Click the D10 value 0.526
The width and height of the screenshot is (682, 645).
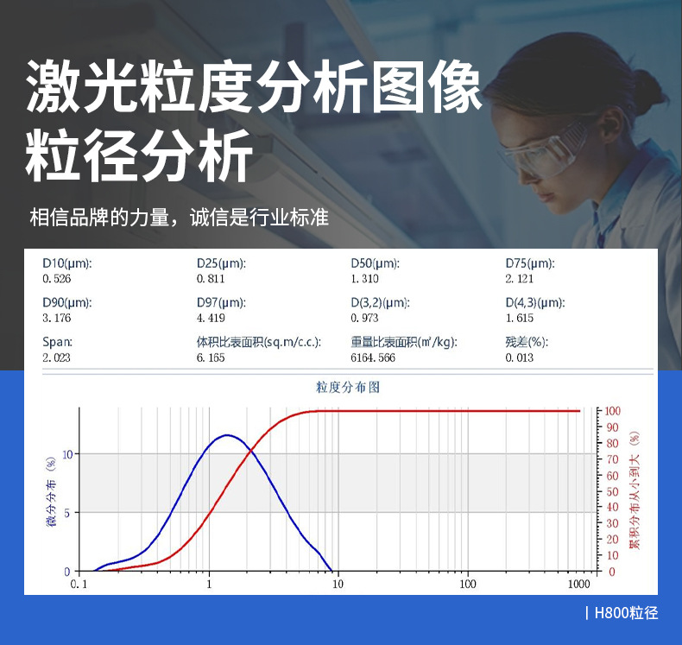[56, 279]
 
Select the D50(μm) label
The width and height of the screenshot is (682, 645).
[375, 263]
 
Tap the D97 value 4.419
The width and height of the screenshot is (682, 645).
[211, 318]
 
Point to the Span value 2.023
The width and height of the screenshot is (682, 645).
[56, 357]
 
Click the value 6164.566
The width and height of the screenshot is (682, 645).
[373, 357]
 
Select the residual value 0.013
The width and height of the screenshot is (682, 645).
[520, 357]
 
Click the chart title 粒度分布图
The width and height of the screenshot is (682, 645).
[348, 387]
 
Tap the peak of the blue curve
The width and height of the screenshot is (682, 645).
[226, 435]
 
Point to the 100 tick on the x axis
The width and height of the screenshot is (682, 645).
[468, 584]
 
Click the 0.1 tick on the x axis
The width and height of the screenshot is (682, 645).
[79, 584]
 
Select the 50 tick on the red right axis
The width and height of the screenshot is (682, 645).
[612, 491]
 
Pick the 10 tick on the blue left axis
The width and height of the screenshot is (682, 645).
[68, 454]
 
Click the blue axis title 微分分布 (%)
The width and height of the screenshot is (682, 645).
[52, 491]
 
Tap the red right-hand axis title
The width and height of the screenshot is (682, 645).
[635, 490]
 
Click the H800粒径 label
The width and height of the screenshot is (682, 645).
[626, 613]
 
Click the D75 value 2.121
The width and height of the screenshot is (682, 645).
[520, 279]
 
